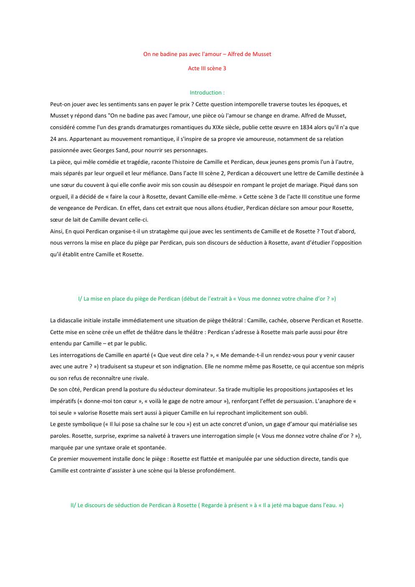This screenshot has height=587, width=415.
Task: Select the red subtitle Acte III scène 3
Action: click(207, 68)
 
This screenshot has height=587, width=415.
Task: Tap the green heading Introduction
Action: click(207, 92)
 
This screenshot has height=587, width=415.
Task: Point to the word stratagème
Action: click(161, 231)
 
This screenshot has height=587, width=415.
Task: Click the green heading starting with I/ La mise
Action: click(207, 299)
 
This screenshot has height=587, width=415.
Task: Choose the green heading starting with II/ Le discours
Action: click(207, 505)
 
